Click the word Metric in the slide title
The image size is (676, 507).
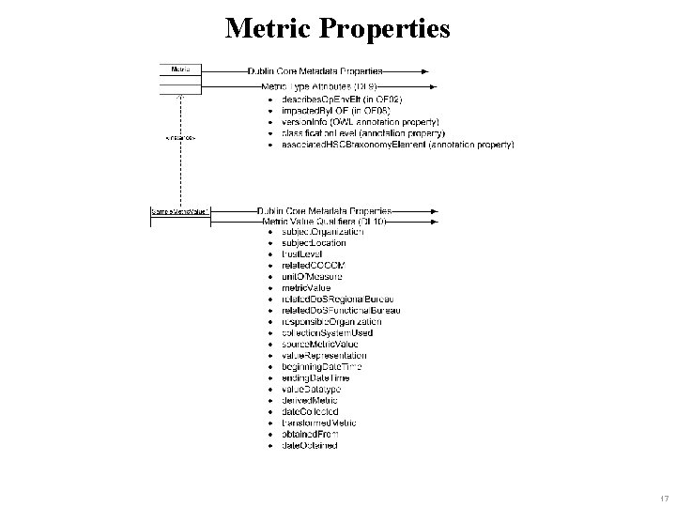click(268, 28)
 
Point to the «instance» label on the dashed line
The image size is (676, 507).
click(179, 138)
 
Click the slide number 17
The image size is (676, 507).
click(663, 497)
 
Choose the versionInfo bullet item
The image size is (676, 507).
click(361, 122)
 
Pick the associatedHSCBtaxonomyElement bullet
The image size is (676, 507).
click(397, 145)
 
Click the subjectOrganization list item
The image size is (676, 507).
click(322, 232)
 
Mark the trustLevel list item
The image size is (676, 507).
click(302, 254)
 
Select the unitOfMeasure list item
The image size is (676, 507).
click(312, 277)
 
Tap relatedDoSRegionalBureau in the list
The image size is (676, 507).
click(342, 300)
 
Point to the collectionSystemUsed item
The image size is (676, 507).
click(327, 333)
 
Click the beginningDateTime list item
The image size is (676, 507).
click(322, 366)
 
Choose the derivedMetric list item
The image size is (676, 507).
click(309, 400)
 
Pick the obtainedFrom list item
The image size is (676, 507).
click(310, 434)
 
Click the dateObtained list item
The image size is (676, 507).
click(309, 445)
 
